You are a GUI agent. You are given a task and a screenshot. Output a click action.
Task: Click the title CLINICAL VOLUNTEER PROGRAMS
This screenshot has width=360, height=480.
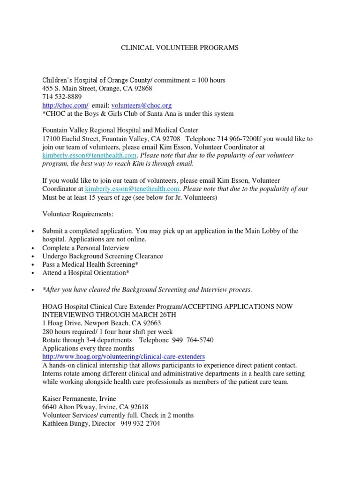[x=180, y=47]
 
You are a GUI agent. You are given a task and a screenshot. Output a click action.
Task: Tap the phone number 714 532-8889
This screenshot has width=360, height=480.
[x=62, y=97]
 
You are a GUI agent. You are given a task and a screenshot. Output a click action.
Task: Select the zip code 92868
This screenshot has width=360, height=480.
[x=142, y=89]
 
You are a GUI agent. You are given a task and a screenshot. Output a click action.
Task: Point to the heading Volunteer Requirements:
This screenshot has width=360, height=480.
[x=78, y=214]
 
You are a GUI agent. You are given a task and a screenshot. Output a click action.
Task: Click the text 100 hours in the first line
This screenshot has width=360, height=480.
[x=211, y=80]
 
